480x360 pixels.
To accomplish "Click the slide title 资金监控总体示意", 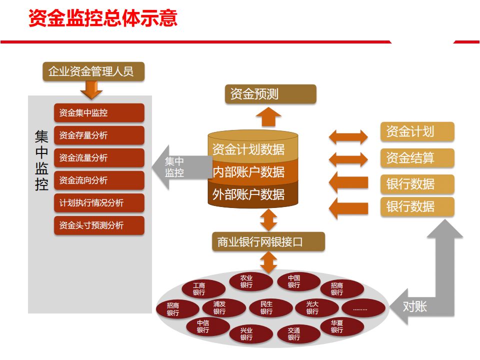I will click(x=103, y=18).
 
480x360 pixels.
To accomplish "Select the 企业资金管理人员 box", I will click(x=93, y=71).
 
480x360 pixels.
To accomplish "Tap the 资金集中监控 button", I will click(x=98, y=112).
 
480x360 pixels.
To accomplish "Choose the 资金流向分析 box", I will click(x=98, y=180).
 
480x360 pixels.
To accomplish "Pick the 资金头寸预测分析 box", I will click(x=98, y=225).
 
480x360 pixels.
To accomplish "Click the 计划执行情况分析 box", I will click(x=98, y=202).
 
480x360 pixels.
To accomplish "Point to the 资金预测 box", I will click(x=270, y=94).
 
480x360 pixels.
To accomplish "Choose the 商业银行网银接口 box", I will click(x=268, y=242).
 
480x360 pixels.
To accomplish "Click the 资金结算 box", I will click(x=417, y=158).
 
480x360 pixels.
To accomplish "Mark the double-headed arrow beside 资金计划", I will click(x=348, y=136).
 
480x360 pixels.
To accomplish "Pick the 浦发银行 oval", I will click(x=219, y=307).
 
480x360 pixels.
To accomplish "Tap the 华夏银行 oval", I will click(x=337, y=326).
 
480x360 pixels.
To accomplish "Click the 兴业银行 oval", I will click(x=246, y=334).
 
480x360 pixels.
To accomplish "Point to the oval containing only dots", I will click(x=360, y=308).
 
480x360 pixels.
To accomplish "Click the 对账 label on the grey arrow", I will click(x=415, y=306).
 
